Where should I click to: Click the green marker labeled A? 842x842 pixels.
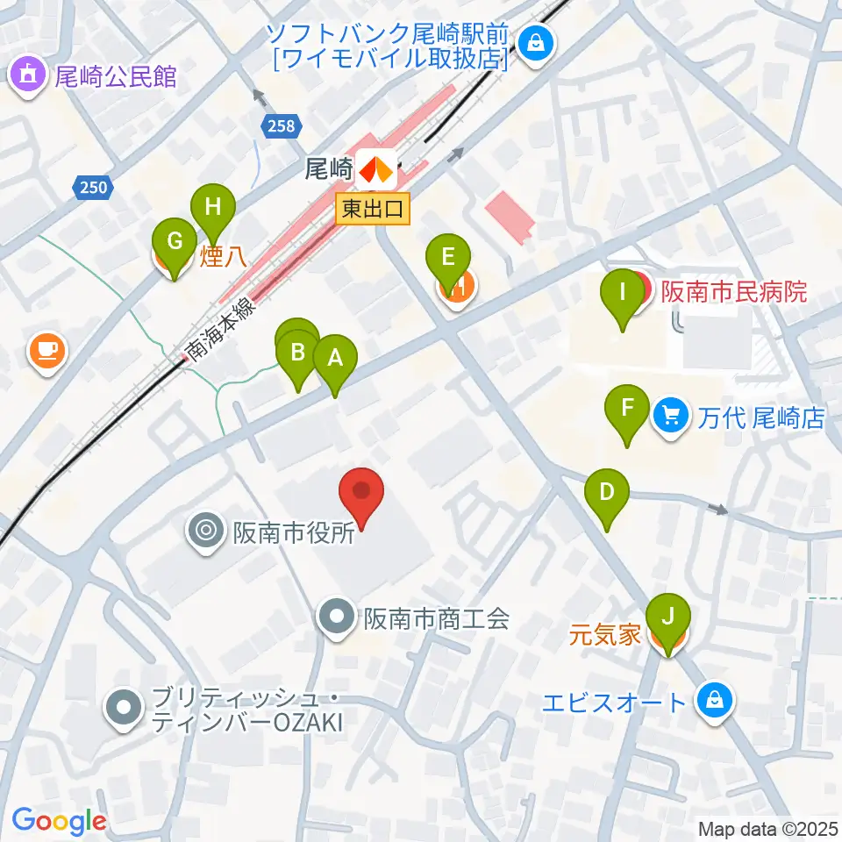click(x=334, y=360)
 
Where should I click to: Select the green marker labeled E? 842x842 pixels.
click(x=448, y=260)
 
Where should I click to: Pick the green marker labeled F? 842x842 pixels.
click(x=628, y=410)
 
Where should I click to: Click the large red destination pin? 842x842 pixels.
click(x=362, y=492)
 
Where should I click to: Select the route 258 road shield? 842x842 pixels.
click(x=278, y=126)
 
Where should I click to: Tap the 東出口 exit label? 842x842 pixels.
click(x=373, y=210)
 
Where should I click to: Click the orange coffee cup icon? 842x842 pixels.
click(x=46, y=351)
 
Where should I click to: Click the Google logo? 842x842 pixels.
click(x=59, y=821)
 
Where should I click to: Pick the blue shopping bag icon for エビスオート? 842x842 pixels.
click(x=716, y=702)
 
